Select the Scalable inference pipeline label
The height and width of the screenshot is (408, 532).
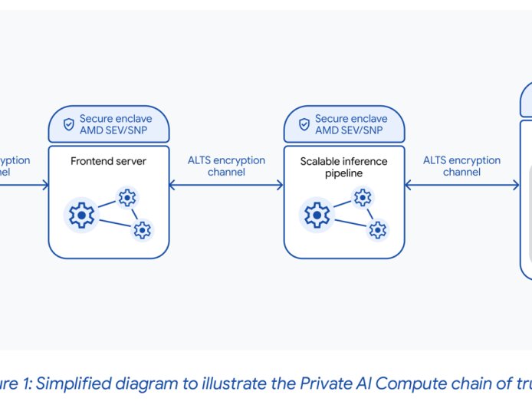[x=343, y=166]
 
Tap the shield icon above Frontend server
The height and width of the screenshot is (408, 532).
[x=68, y=124]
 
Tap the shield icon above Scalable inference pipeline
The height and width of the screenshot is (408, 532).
[x=304, y=124]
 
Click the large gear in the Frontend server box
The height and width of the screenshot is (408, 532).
[x=81, y=216]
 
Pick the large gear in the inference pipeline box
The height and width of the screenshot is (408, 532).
[x=317, y=216]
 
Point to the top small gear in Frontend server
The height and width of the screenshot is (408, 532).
[x=126, y=198]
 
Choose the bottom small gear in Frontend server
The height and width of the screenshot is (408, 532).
[x=142, y=229]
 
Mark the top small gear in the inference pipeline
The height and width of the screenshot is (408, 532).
[x=362, y=198]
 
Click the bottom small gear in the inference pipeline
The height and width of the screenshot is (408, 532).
[x=377, y=229]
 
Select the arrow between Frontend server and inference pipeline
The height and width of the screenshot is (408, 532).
[x=226, y=185]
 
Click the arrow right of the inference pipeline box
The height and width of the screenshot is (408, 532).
[x=461, y=185]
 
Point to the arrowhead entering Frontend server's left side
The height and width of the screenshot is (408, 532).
[x=44, y=185]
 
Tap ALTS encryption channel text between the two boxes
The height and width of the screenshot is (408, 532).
[x=226, y=166]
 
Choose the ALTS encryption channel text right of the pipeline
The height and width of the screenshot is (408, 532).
[x=461, y=166]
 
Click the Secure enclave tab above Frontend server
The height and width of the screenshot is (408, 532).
[x=109, y=124]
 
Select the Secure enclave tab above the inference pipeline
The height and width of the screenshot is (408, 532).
[x=344, y=124]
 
